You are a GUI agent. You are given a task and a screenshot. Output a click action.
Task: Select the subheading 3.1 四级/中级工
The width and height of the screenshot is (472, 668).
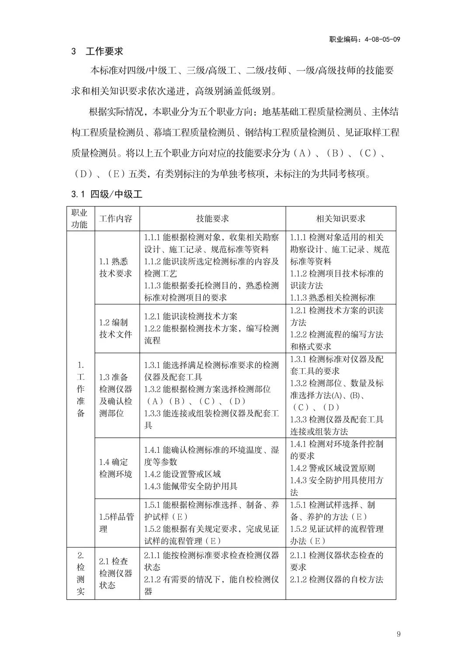(x=107, y=194)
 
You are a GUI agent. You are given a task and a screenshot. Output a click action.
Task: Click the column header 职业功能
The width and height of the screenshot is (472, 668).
(x=80, y=219)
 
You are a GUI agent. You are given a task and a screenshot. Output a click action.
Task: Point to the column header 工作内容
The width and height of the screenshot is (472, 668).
(x=116, y=219)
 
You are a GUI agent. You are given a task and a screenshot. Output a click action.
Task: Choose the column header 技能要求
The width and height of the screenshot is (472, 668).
(x=212, y=219)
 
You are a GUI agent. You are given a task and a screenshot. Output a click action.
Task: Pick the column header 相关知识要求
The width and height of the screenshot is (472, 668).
(x=341, y=219)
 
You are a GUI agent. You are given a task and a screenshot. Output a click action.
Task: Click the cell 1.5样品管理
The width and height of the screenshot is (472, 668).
(x=116, y=523)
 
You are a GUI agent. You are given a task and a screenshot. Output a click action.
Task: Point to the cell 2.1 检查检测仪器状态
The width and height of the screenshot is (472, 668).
(x=116, y=573)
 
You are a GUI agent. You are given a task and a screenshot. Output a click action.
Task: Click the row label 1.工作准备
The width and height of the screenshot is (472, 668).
(x=80, y=389)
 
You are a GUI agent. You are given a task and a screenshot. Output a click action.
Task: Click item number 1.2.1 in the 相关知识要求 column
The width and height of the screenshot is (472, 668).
(x=299, y=311)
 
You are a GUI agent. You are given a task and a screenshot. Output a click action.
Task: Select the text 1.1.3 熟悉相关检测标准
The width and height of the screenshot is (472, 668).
(x=333, y=298)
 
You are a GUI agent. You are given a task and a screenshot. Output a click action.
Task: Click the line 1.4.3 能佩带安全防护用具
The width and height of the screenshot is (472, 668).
(x=191, y=486)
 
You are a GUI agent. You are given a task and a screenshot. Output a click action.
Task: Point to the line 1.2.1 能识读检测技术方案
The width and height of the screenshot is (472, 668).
(x=191, y=316)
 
